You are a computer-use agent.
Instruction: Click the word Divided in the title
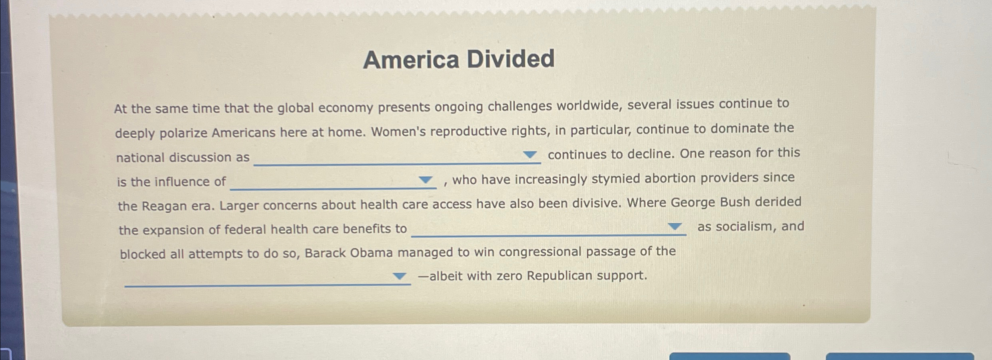coord(511,59)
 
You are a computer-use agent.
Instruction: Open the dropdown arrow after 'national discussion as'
coord(530,155)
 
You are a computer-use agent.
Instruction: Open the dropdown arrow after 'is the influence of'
coord(425,180)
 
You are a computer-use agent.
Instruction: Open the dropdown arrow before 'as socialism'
coord(675,227)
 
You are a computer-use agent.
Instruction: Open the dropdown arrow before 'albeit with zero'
coord(399,276)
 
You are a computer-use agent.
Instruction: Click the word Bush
coord(735,202)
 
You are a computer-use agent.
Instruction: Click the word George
coord(693,202)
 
